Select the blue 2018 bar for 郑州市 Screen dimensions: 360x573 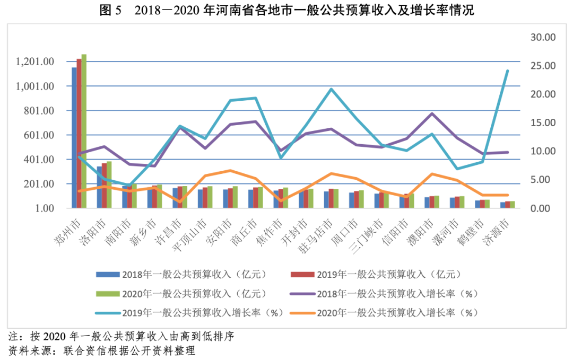click(x=74, y=138)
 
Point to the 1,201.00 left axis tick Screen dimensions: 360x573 click(x=35, y=62)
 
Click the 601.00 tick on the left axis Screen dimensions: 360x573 click(x=39, y=135)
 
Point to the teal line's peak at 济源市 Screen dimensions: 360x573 click(x=507, y=71)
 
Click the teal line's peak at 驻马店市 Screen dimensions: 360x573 click(x=332, y=89)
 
